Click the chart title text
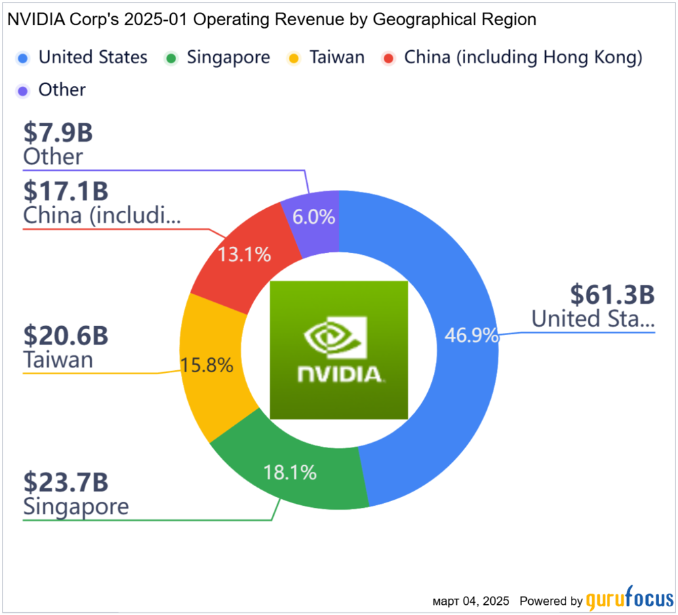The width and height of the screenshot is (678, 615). pos(271,20)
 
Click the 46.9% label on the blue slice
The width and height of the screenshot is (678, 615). pos(472,335)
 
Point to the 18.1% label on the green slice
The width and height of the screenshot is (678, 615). pos(290,473)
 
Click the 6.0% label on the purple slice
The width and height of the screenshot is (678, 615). pos(313,217)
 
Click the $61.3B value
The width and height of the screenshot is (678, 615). pos(612,295)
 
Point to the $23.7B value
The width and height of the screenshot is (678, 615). pos(66,482)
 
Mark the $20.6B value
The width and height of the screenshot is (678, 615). pos(66,336)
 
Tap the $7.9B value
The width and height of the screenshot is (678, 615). pos(58,133)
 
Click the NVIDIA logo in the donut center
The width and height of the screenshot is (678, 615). pos(339,349)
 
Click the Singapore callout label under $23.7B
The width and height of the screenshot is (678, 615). pos(76,507)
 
